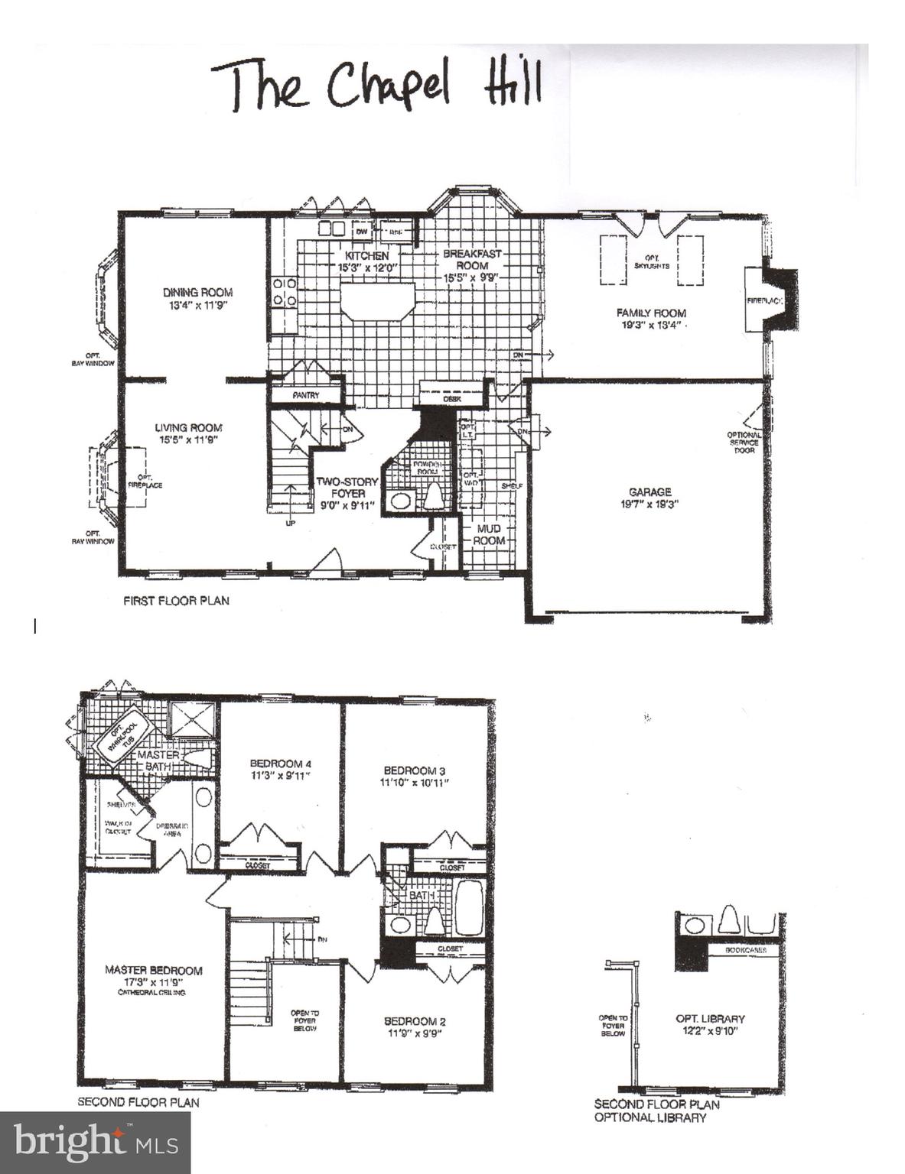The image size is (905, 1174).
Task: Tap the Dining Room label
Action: pyautogui.click(x=197, y=292)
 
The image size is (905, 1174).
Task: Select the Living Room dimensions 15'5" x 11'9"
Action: pyautogui.click(x=189, y=440)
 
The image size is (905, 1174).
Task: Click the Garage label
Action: pyautogui.click(x=650, y=492)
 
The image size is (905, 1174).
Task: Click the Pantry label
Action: pyautogui.click(x=305, y=396)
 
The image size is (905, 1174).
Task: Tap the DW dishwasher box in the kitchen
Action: pyautogui.click(x=362, y=229)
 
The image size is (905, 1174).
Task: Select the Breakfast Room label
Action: pyautogui.click(x=472, y=259)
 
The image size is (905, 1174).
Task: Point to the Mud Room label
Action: pyautogui.click(x=489, y=534)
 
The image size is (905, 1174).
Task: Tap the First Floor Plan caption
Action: pyautogui.click(x=176, y=601)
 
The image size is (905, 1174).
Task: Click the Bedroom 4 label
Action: pyautogui.click(x=280, y=764)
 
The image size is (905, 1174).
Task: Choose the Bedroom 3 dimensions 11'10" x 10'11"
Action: pyautogui.click(x=414, y=783)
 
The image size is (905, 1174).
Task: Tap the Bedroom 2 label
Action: pyautogui.click(x=414, y=1021)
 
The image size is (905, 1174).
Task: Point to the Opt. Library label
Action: pyautogui.click(x=710, y=1019)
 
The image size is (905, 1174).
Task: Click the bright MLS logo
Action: pyautogui.click(x=96, y=1143)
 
